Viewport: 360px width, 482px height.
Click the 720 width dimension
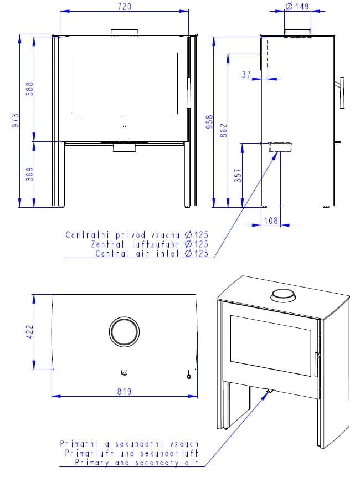tap(125, 7)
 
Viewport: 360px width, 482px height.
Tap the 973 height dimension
tap(15, 121)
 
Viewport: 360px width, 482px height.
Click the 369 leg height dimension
tap(30, 174)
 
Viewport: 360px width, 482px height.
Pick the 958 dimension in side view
tap(209, 122)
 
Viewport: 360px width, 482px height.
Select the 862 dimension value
tap(224, 131)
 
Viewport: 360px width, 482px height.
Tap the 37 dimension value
tap(246, 74)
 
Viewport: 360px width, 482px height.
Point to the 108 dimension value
tap(270, 221)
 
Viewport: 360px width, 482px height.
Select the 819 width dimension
tap(125, 392)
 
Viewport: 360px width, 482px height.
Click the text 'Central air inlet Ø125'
tap(152, 254)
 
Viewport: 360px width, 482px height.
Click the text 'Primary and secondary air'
tap(136, 463)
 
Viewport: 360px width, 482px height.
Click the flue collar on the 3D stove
tap(282, 296)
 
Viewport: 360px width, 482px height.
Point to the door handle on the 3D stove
tap(316, 367)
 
